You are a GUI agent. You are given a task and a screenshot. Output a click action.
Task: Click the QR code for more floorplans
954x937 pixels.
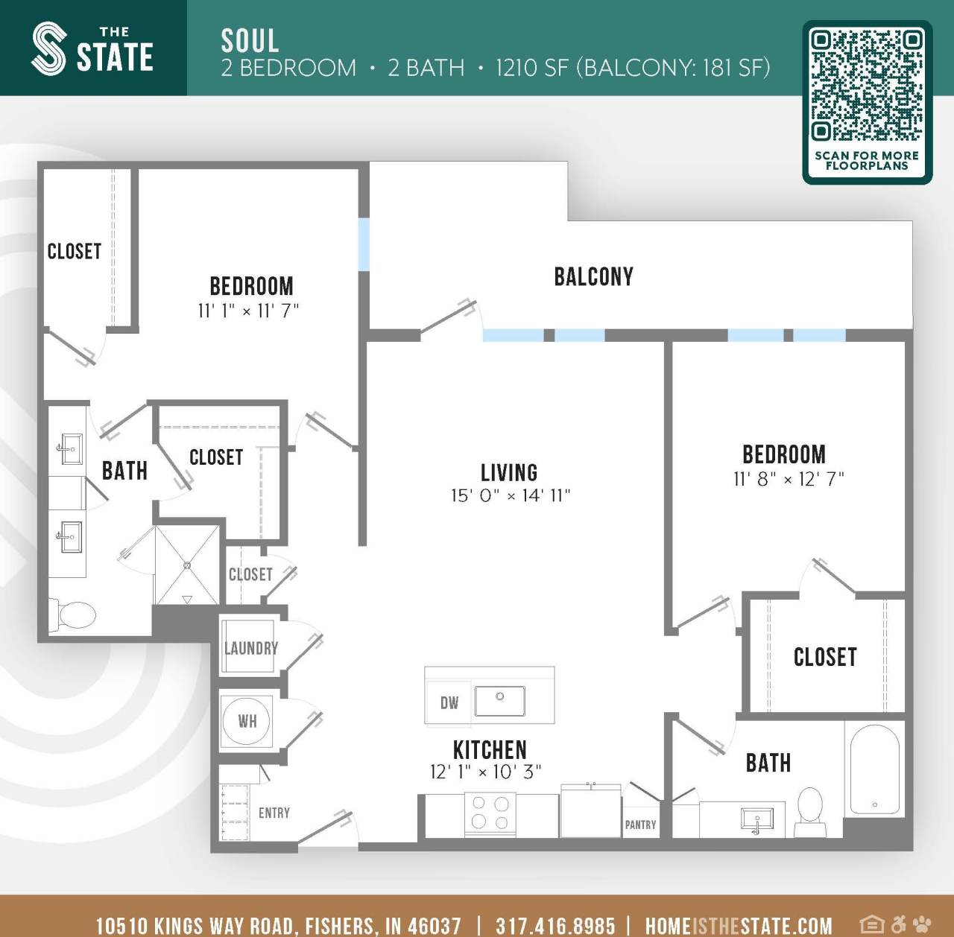coord(867,86)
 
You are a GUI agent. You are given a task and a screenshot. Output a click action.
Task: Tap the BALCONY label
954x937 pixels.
coord(593,277)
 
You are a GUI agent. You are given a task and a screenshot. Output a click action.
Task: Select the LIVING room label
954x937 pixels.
coord(509,473)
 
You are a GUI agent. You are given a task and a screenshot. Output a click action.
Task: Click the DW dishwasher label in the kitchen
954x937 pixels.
coord(449,703)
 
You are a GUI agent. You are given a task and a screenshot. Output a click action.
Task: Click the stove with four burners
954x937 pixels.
coord(490,813)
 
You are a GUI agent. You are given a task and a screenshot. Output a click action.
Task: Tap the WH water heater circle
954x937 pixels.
coord(247,721)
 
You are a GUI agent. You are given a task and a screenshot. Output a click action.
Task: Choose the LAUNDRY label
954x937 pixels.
coord(251,648)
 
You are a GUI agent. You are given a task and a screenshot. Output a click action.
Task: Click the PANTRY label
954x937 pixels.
coord(640,825)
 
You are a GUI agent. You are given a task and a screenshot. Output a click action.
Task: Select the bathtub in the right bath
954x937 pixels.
coord(874,770)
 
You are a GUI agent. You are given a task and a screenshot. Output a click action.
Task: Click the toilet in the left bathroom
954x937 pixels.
coord(75,615)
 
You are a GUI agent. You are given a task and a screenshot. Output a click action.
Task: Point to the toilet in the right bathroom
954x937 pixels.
coord(810,811)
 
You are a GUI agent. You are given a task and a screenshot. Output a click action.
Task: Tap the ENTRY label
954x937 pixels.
coord(274,813)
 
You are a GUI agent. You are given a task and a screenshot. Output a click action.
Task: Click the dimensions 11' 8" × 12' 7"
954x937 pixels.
coord(789,479)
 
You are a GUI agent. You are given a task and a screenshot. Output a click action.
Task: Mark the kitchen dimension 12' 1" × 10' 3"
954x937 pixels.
coord(485,772)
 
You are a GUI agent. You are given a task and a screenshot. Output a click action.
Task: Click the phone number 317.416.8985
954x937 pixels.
coord(555,925)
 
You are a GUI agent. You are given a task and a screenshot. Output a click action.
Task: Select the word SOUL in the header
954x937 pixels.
coord(250,40)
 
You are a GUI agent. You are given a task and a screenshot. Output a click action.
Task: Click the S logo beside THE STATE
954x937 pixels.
coord(49,48)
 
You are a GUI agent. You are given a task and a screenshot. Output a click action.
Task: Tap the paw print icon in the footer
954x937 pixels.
coord(922,924)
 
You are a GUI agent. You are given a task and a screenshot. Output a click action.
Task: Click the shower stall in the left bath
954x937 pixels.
coord(187,565)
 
